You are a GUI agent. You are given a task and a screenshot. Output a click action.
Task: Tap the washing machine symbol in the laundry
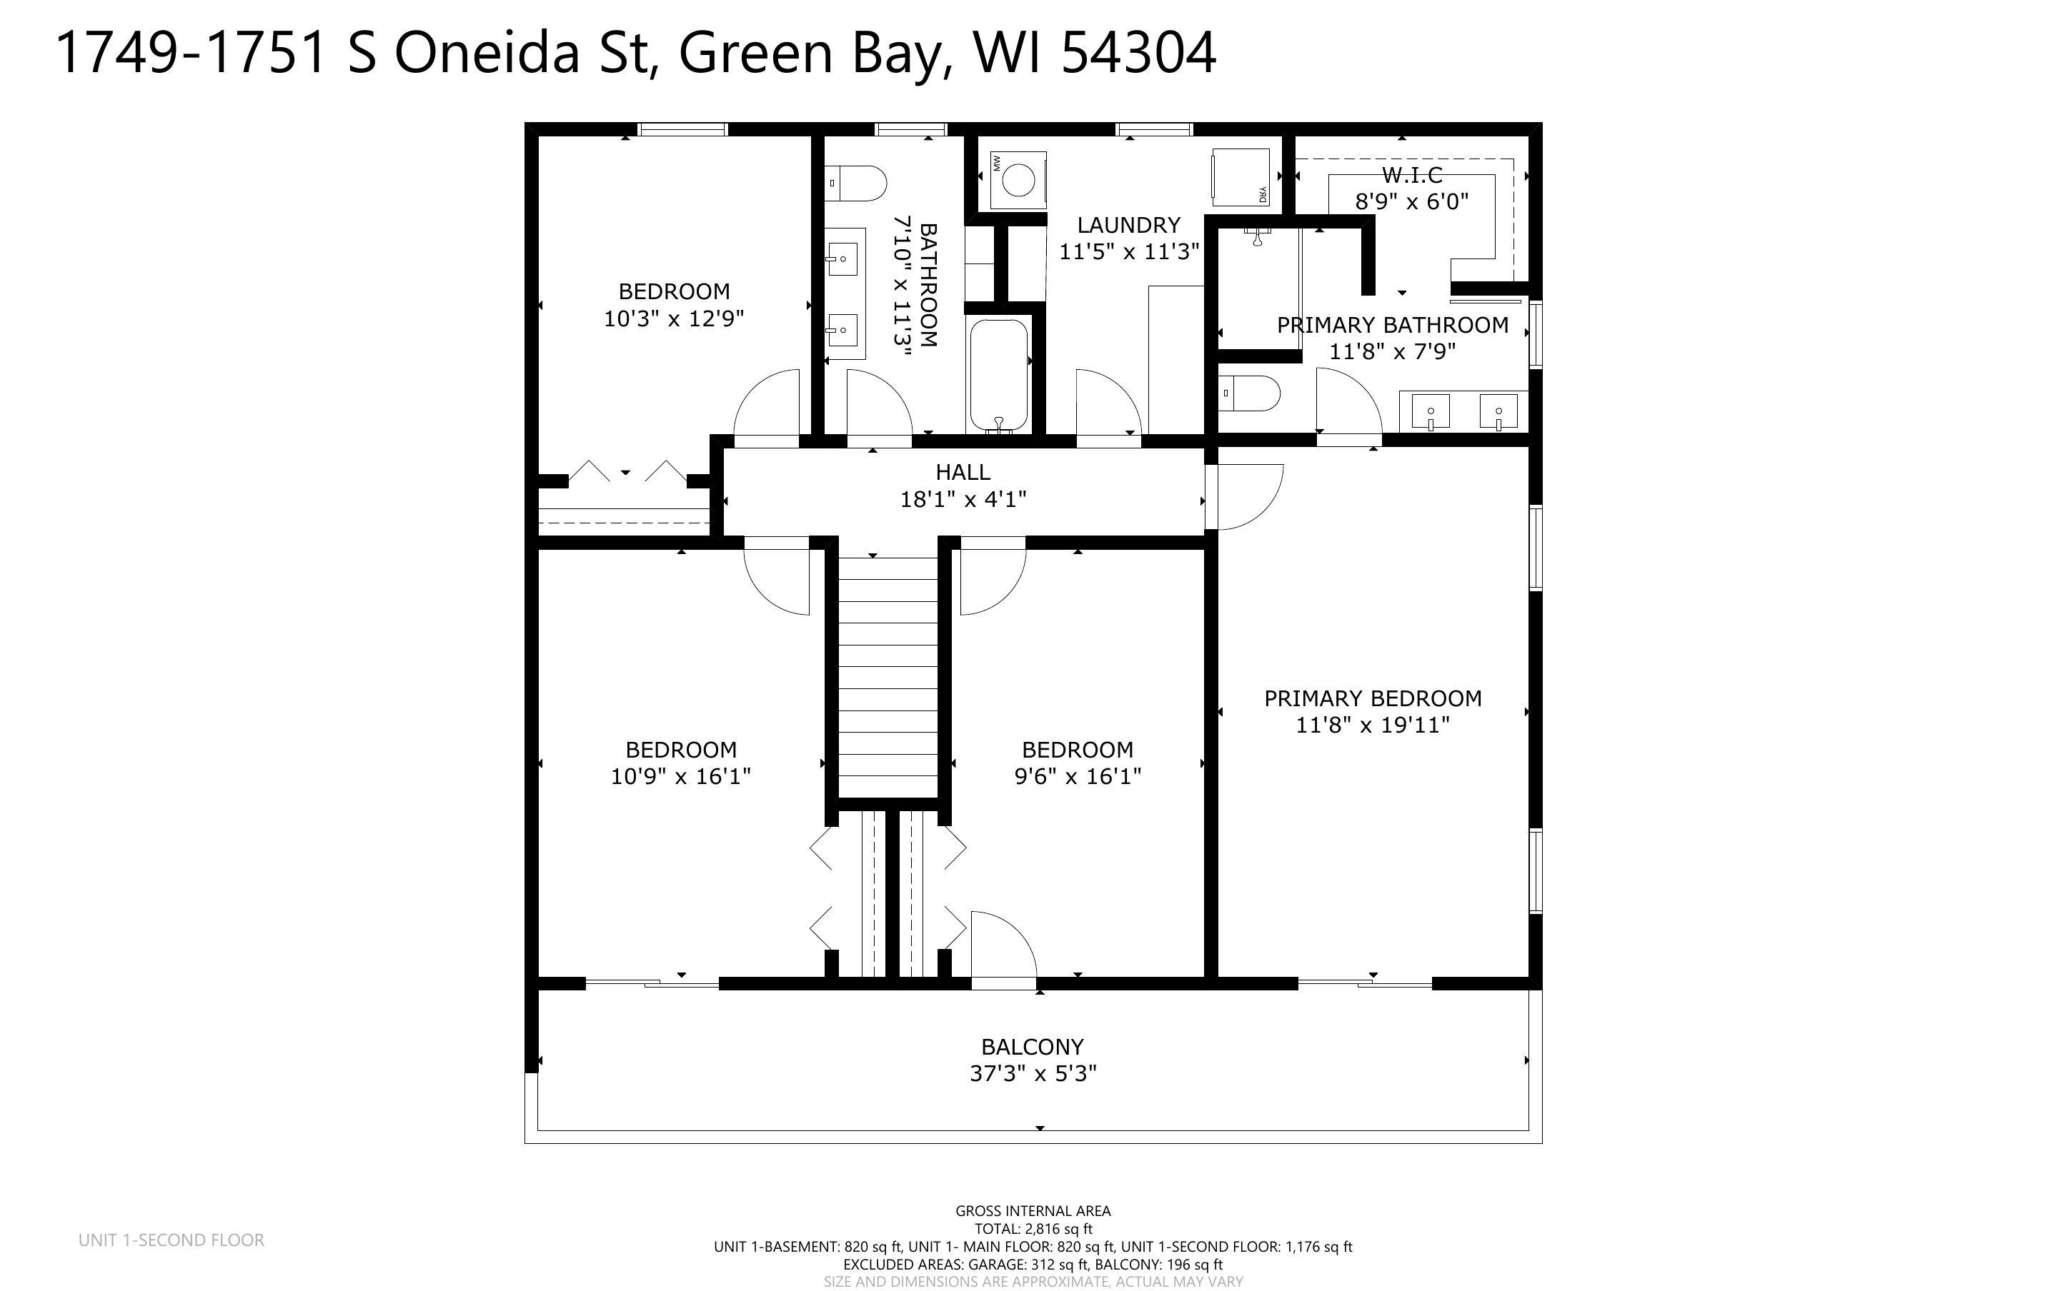click(x=1018, y=180)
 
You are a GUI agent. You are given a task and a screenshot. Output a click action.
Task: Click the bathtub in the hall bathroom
click(x=998, y=375)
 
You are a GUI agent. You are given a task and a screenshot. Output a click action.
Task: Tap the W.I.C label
click(x=1412, y=175)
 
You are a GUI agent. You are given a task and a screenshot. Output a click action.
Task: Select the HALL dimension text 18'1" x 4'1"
click(x=963, y=500)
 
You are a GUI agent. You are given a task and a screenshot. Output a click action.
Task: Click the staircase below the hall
click(x=888, y=675)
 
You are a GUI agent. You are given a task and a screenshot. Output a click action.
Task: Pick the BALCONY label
click(x=1032, y=1047)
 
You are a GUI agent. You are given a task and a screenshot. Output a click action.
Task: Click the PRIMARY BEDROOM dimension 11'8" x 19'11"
click(x=1373, y=725)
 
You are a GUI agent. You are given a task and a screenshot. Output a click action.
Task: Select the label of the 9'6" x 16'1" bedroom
click(x=1077, y=750)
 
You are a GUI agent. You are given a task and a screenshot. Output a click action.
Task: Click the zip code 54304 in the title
click(x=1138, y=53)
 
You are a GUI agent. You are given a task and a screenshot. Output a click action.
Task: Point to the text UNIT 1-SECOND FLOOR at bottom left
click(x=171, y=1240)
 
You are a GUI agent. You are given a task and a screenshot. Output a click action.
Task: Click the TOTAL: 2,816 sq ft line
click(x=1033, y=1229)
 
